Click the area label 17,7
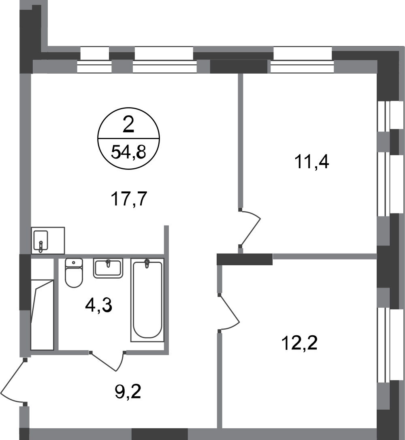pyautogui.click(x=129, y=199)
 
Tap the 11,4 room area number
pyautogui.click(x=312, y=162)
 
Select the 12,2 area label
pyautogui.click(x=300, y=343)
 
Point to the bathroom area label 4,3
pyautogui.click(x=99, y=306)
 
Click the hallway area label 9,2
pyautogui.click(x=128, y=392)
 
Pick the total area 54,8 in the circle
pyautogui.click(x=128, y=152)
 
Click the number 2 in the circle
pyautogui.click(x=128, y=125)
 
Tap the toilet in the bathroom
pyautogui.click(x=74, y=273)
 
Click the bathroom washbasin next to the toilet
pyautogui.click(x=108, y=269)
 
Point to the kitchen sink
pyautogui.click(x=41, y=241)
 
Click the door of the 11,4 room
pyautogui.click(x=250, y=228)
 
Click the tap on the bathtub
pyautogui.click(x=147, y=264)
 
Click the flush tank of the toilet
pyautogui.click(x=74, y=262)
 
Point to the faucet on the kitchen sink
pyautogui.click(x=41, y=246)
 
